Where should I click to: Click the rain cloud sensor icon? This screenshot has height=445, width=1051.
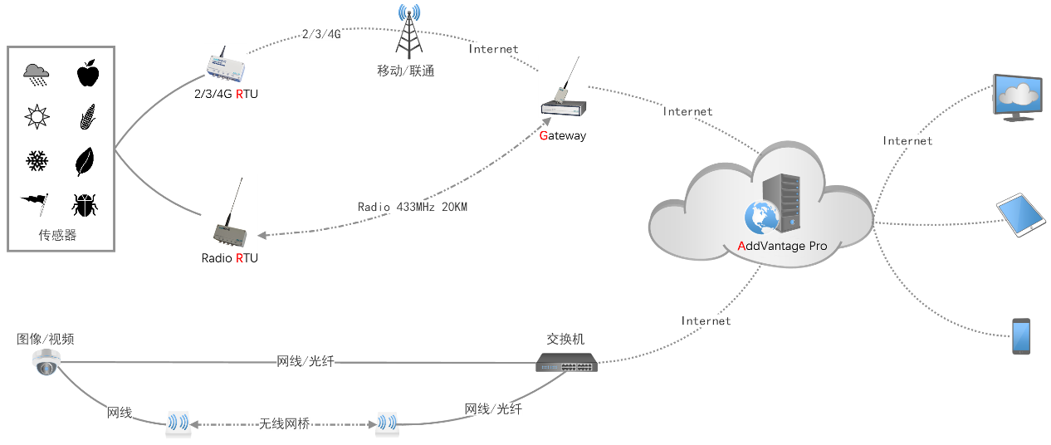click(x=36, y=76)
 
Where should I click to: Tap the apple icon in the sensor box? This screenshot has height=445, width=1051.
click(x=87, y=75)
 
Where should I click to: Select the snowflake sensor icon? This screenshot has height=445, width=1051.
click(x=37, y=160)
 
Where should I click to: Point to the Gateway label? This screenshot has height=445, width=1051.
click(x=563, y=136)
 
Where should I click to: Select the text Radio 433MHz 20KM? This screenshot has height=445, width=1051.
click(x=412, y=206)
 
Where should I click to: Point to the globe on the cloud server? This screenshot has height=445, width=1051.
click(x=760, y=217)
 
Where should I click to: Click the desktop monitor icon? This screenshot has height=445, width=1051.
click(x=1018, y=96)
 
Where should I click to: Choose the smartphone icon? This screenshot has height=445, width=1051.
click(x=1021, y=335)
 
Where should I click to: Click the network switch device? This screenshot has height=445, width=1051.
click(x=565, y=363)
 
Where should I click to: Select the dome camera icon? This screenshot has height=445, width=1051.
click(x=46, y=363)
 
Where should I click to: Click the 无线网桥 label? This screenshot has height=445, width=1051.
click(x=284, y=424)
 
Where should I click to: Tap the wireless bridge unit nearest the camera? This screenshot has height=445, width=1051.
click(x=178, y=423)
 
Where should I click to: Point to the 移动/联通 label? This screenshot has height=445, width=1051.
click(x=405, y=71)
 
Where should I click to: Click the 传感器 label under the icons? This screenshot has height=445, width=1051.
click(x=57, y=235)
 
